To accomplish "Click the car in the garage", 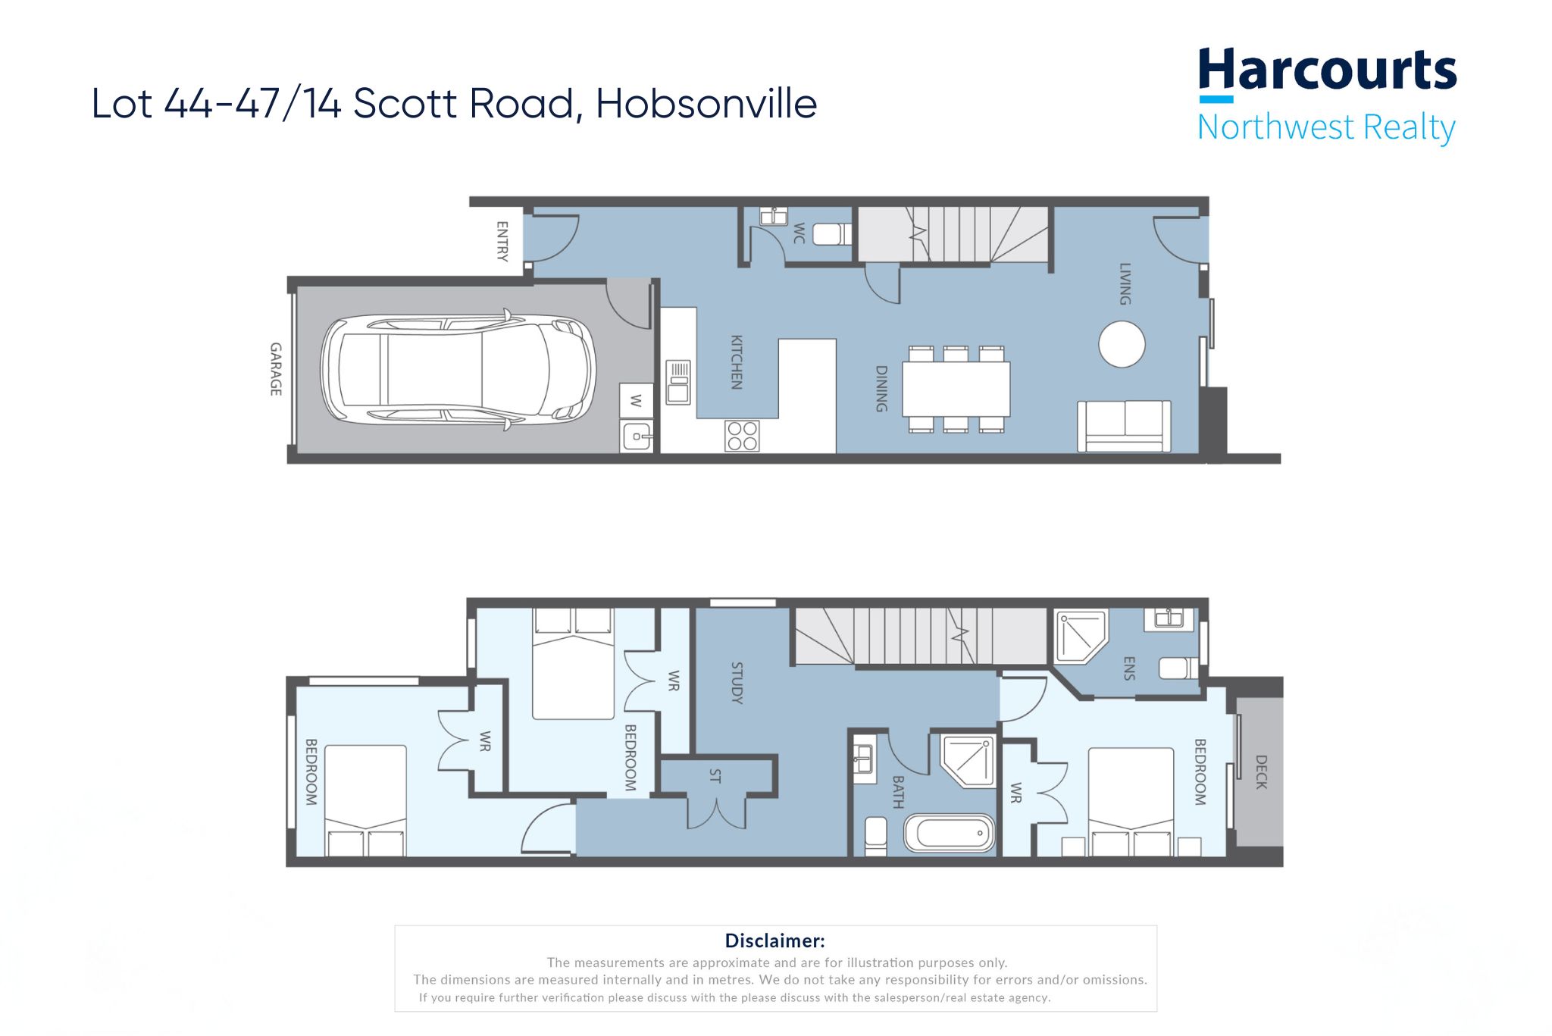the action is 458,370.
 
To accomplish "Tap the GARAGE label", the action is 276,369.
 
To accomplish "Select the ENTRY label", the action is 502,241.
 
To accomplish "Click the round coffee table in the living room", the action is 1122,344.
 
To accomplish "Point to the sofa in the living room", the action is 1124,426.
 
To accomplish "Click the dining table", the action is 956,389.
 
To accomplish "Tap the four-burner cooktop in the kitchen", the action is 742,436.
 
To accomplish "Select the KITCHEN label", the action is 736,362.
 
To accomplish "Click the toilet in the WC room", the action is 832,234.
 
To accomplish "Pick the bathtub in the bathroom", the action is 949,834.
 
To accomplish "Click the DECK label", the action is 1261,772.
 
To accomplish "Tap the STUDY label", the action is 737,683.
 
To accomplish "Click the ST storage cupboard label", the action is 715,776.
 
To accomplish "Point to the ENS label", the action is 1129,668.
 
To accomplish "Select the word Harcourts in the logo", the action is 1327,71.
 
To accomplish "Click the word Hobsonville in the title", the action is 706,104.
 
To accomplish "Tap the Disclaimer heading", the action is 774,941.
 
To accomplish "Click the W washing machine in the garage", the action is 636,400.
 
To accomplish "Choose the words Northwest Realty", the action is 1327,127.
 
